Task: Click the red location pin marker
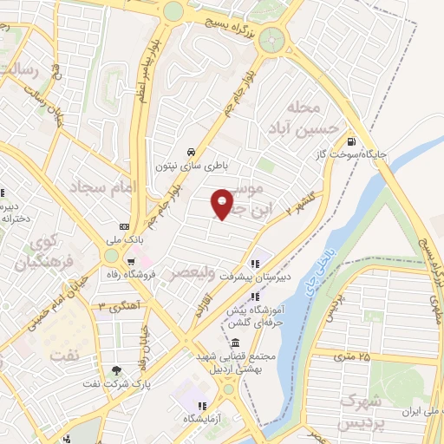(x=223, y=204)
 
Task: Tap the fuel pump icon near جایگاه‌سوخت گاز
(x=350, y=141)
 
